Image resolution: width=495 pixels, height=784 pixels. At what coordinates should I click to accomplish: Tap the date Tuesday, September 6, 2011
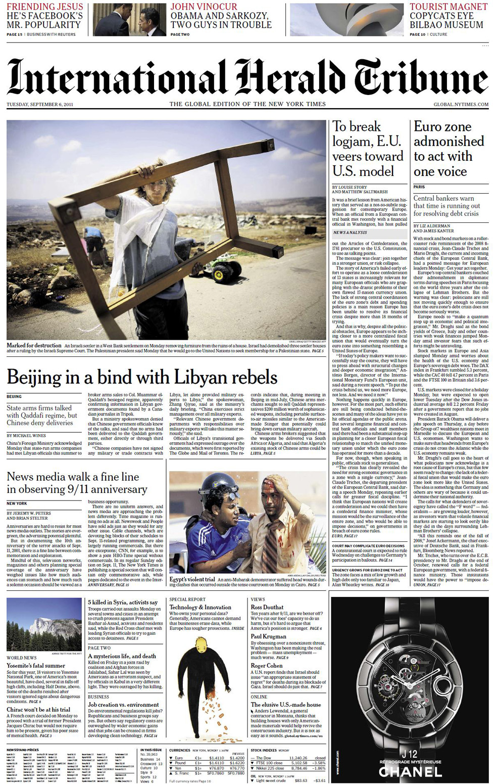40,105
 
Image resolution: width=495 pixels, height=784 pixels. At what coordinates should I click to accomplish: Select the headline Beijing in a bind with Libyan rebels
142,377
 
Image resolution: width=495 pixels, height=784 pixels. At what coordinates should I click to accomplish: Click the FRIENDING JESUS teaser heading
44,7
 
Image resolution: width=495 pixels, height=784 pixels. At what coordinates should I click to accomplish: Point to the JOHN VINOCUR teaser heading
204,7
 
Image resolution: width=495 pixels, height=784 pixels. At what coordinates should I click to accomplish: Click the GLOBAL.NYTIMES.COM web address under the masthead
461,105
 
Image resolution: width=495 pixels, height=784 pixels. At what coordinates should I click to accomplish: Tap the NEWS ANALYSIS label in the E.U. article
350,233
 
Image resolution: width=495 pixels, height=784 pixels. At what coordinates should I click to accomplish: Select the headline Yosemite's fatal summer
36,666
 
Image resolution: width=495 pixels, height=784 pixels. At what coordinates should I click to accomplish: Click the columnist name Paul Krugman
269,636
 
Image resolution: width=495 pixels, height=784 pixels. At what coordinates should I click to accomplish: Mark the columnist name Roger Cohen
267,666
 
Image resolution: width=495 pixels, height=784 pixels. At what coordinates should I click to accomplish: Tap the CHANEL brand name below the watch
410,771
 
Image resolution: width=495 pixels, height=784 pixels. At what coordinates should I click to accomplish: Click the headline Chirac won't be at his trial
38,710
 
